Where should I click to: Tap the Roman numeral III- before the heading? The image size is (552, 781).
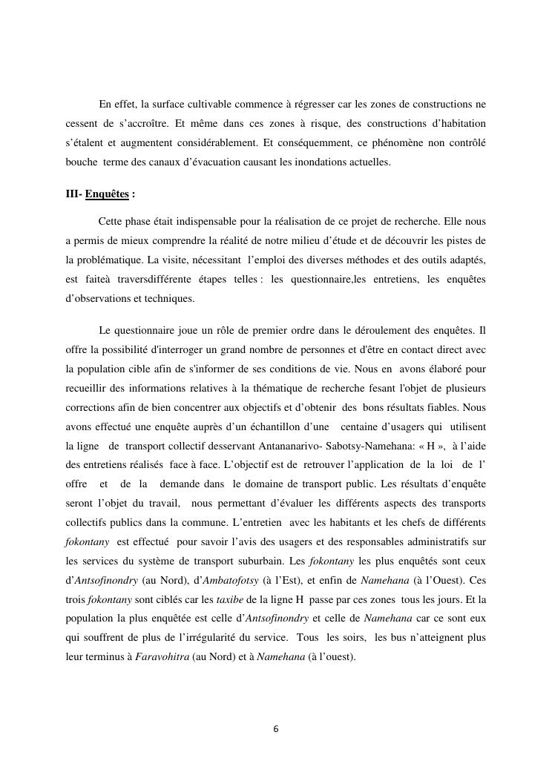pos(74,194)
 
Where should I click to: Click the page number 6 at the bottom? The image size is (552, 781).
pos(276,729)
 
